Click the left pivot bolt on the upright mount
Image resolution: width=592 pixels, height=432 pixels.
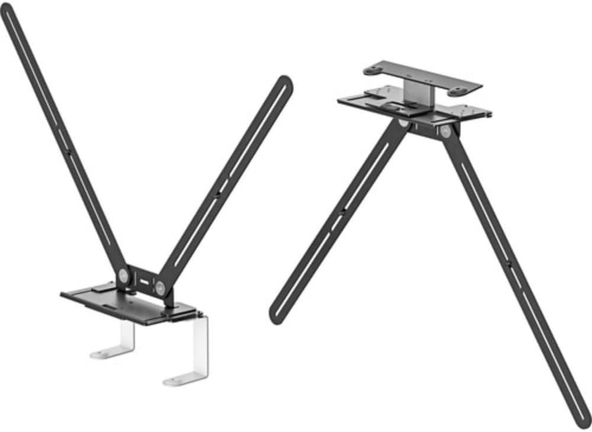(x=123, y=274)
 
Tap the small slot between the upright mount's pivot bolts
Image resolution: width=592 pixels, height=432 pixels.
(x=141, y=281)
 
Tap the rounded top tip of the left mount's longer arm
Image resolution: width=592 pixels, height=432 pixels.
(x=8, y=8)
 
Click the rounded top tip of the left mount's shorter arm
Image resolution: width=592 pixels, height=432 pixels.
(x=285, y=82)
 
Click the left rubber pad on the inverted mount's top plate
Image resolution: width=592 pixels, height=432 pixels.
(x=373, y=70)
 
